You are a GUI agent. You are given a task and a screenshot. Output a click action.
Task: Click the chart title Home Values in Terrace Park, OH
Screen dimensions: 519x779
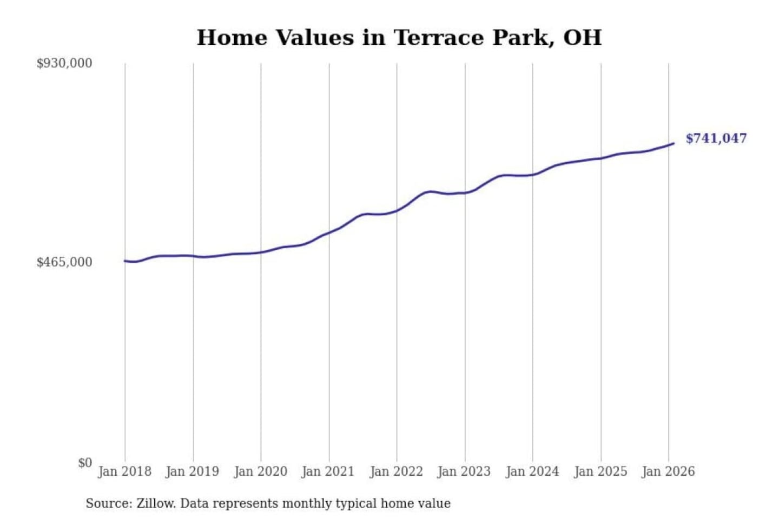coord(399,37)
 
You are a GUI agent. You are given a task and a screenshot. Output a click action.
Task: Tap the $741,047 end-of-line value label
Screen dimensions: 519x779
coord(716,138)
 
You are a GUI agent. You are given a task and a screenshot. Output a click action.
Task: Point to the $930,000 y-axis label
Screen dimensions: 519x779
coord(64,63)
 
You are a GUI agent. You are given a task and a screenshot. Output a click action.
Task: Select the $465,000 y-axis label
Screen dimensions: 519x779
coord(64,262)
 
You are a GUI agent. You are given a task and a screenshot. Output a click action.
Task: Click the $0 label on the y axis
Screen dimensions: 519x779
coord(85,463)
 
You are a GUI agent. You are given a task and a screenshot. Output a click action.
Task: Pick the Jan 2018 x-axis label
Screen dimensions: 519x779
coord(124,471)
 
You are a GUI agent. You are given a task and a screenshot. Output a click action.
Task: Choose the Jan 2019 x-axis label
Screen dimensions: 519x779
coord(192,471)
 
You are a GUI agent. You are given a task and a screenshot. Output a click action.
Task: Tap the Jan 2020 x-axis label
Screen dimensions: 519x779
coord(260,471)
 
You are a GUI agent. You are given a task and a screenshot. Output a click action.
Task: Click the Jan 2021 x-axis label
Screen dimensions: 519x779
coord(328,471)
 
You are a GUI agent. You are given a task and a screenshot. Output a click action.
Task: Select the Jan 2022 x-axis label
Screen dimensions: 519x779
coord(396,471)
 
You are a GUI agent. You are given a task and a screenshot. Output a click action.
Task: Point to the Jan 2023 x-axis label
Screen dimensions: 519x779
coord(464,471)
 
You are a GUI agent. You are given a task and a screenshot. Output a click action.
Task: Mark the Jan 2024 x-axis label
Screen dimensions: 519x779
coord(532,471)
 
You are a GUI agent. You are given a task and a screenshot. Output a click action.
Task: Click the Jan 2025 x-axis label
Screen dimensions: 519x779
coord(600,471)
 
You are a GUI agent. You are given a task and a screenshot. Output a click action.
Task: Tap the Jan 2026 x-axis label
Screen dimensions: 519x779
coord(668,471)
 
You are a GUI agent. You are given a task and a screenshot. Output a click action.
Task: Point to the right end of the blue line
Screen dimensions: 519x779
coord(674,143)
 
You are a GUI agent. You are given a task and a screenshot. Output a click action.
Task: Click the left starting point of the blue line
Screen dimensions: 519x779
coord(125,261)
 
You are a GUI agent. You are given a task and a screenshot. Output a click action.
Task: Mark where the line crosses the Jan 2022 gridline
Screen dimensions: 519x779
coord(397,210)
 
